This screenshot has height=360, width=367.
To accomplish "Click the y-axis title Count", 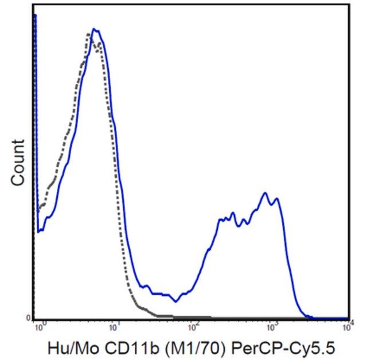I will click(x=18, y=162).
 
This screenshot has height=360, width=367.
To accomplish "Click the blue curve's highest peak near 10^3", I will click(x=265, y=193).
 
